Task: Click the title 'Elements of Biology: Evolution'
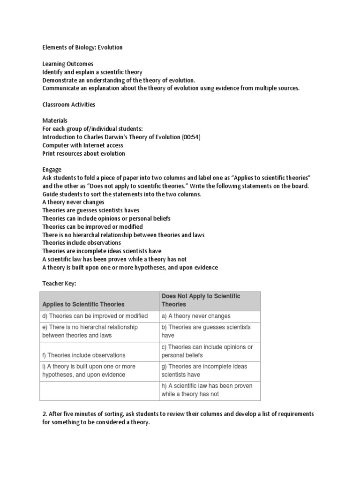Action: (82, 47)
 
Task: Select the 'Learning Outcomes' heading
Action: (67, 64)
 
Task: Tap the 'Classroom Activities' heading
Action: (68, 104)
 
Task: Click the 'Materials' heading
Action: (55, 120)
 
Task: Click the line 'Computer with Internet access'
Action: (82, 145)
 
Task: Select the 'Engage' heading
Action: (52, 169)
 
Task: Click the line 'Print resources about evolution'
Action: (83, 153)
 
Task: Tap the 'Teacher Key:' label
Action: (59, 284)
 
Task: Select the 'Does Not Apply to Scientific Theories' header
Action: (201, 300)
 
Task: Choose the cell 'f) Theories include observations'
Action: (84, 355)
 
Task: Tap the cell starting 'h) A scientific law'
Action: (207, 390)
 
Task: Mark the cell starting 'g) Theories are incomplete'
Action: (204, 370)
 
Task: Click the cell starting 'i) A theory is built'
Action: (89, 370)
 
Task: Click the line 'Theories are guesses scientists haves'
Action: (90, 210)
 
